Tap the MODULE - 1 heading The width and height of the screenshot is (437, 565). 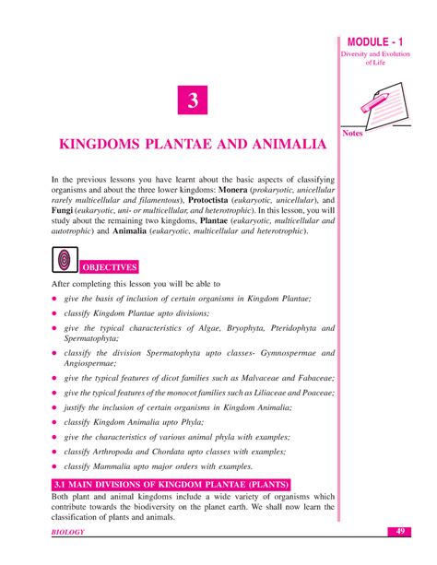(x=381, y=45)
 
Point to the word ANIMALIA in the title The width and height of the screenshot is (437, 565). (x=287, y=146)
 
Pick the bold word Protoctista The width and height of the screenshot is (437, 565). (x=215, y=198)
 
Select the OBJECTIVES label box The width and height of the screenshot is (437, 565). (x=110, y=267)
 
